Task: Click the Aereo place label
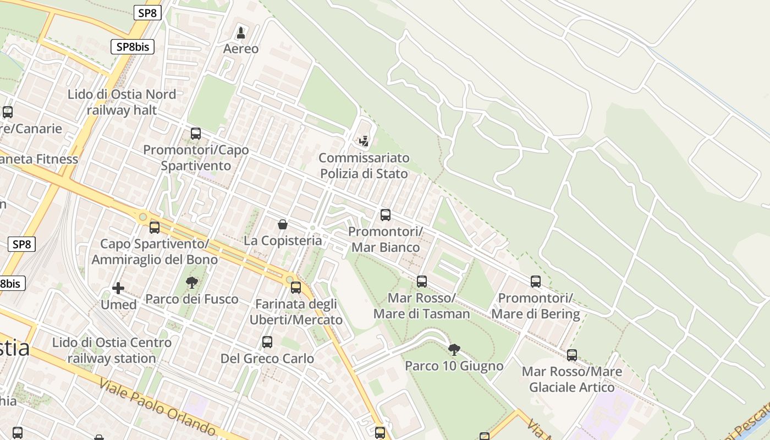point(240,48)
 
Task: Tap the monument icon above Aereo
point(240,32)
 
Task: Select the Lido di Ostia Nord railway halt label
point(122,102)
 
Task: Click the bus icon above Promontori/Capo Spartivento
point(195,133)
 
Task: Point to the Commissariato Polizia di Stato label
point(364,166)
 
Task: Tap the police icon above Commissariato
point(364,141)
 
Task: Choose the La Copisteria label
point(283,240)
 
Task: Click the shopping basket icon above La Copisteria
point(283,224)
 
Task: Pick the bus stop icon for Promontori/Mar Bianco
point(386,215)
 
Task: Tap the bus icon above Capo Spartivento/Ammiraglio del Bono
point(155,227)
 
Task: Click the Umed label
point(119,304)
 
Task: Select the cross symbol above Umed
point(118,288)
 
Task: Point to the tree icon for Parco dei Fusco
point(191,283)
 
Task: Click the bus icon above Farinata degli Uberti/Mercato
point(296,287)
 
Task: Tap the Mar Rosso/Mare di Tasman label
point(421,306)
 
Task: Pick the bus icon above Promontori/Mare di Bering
point(536,282)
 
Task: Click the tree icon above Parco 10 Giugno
point(454,349)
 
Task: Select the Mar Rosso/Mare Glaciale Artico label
point(572,379)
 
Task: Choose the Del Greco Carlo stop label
point(267,359)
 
